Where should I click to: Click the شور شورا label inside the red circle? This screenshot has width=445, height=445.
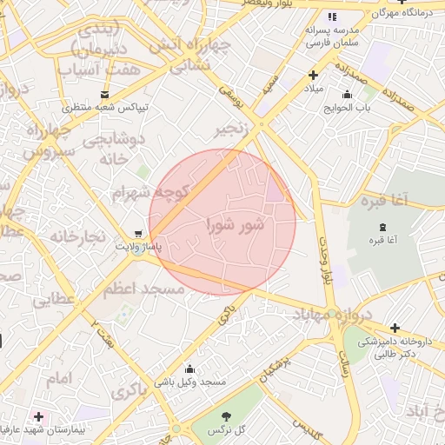click(235, 225)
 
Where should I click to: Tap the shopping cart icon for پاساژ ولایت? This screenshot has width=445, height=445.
click(138, 234)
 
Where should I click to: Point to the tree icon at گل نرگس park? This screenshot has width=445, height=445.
click(228, 416)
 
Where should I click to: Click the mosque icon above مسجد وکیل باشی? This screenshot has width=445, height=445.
click(189, 369)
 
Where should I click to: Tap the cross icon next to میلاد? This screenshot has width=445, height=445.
click(313, 76)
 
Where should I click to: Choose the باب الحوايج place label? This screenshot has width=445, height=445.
click(348, 109)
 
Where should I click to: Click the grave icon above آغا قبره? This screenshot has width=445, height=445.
click(383, 226)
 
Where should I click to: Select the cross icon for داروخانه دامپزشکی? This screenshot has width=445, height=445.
click(395, 328)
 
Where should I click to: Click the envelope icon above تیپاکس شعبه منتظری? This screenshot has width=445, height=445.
click(105, 94)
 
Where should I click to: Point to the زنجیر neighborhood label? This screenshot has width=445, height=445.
click(237, 130)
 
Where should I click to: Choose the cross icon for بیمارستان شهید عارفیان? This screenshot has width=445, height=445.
click(38, 417)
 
